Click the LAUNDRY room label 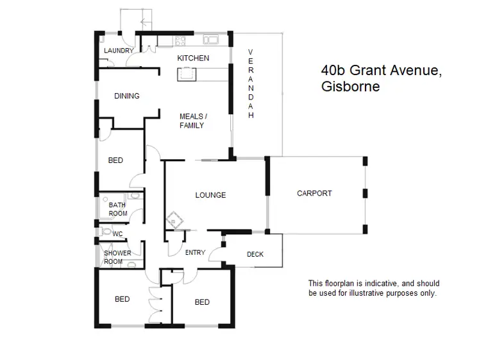119,51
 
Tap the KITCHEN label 193,58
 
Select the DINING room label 127,96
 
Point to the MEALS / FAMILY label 192,121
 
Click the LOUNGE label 210,195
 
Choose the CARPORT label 314,193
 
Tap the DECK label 255,255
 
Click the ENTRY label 195,253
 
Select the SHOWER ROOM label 117,257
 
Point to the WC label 117,234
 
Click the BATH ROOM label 118,209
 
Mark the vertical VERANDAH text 251,83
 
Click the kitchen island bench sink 187,74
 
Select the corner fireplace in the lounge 174,220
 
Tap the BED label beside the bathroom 115,160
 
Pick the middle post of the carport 364,193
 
